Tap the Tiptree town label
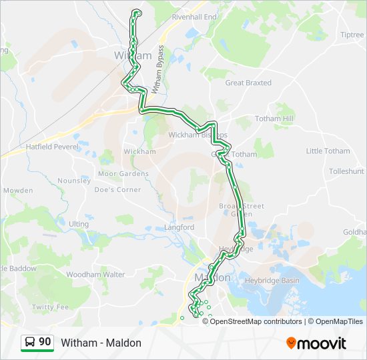tap(352, 35)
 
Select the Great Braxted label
tap(248, 83)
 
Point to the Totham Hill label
tap(274, 119)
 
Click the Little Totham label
tap(328, 151)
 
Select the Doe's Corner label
tap(117, 189)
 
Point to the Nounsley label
tap(74, 181)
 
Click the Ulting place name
tap(78, 224)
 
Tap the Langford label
tap(179, 227)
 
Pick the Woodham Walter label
tap(95, 274)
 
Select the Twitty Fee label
tap(50, 307)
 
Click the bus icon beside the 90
tap(30, 342)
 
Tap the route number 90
tap(45, 342)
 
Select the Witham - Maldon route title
tap(101, 343)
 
